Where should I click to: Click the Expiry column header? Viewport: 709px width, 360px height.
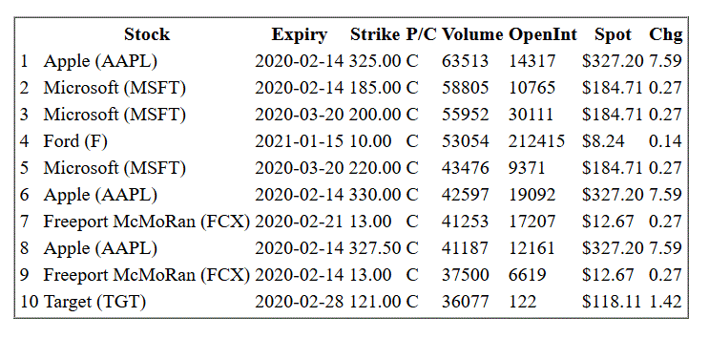300,34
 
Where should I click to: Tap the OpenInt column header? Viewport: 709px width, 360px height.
543,34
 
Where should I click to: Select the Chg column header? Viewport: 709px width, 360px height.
666,34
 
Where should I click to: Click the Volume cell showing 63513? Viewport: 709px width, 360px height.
465,61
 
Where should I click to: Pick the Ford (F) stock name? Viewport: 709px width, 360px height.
75,141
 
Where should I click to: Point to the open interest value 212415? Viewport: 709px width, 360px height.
536,141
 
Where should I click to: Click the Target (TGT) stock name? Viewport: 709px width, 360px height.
94,302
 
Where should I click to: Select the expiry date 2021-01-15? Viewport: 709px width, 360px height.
300,141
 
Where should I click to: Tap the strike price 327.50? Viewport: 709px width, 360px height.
374,248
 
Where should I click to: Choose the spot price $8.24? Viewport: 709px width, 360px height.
603,141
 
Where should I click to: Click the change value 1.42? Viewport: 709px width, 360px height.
665,302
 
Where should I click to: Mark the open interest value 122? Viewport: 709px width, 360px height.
522,302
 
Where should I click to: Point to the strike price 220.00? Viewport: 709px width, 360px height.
374,168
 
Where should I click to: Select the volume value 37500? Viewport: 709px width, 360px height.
465,275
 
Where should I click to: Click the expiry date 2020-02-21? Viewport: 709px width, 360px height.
300,222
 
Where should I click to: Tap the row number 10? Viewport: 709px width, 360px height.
30,302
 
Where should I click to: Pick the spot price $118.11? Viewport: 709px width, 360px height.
612,302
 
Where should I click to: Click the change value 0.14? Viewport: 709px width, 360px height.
665,141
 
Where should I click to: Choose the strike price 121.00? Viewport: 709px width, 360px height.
374,302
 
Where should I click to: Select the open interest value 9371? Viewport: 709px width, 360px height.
527,168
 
